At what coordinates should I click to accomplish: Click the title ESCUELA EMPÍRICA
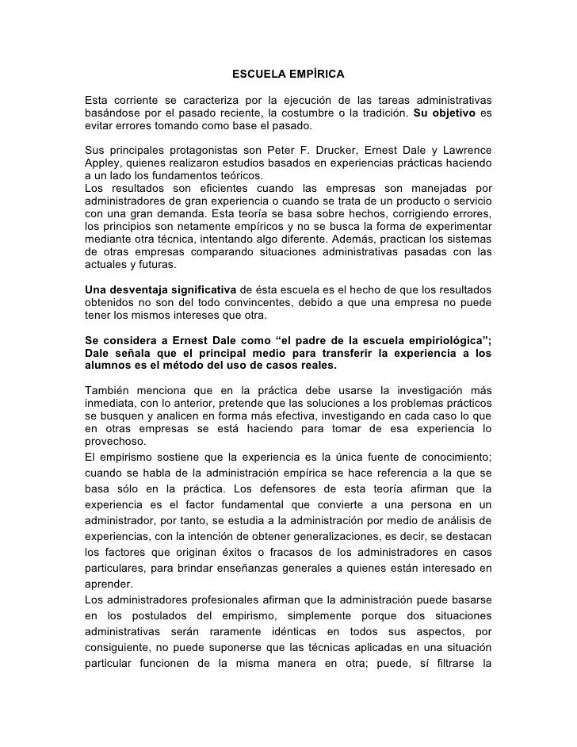288,75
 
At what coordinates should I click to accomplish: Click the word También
110,389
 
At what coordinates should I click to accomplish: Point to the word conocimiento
450,455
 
